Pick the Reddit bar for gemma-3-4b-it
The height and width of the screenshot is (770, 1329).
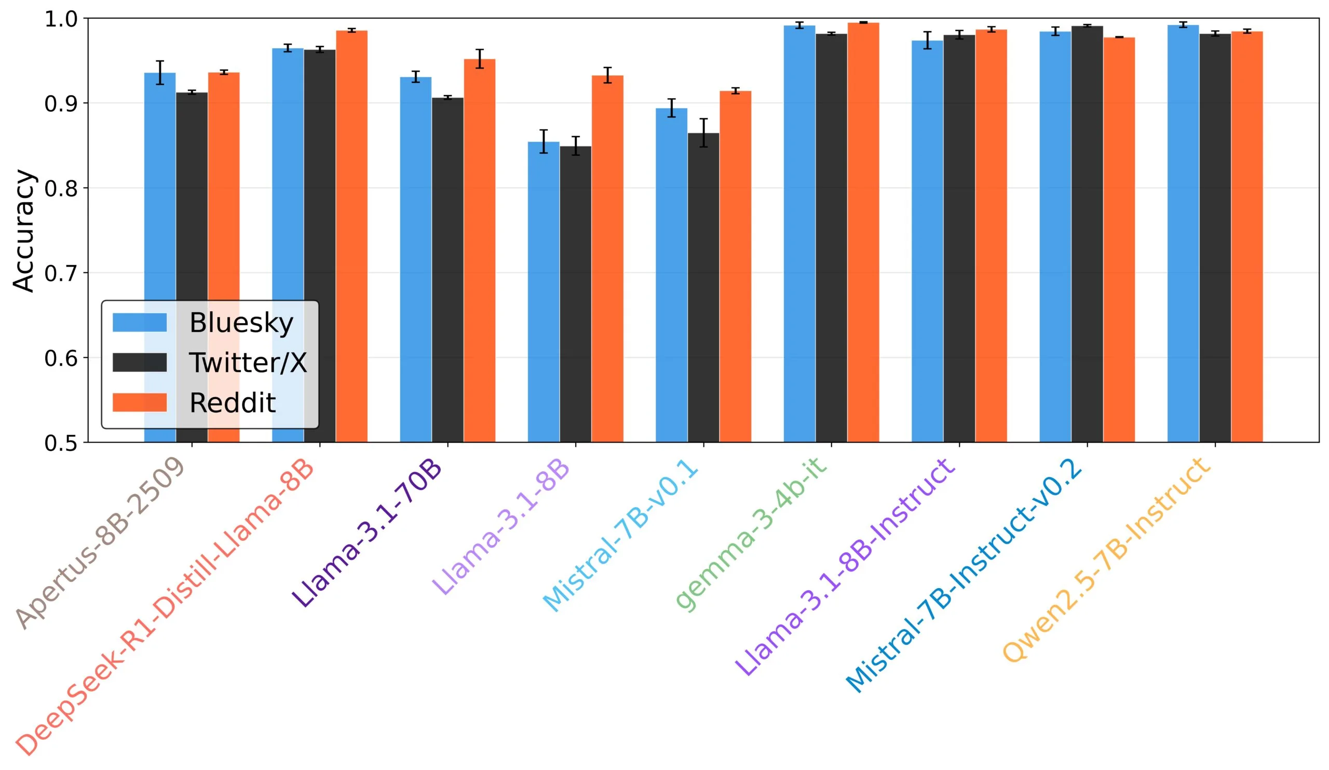[863, 232]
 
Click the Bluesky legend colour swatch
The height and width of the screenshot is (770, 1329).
[140, 323]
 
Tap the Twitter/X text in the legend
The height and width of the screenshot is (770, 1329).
[248, 363]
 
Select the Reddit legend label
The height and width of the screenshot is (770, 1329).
[233, 403]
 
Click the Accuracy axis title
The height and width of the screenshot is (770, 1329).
[24, 231]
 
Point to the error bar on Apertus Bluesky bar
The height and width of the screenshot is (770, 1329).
[160, 72]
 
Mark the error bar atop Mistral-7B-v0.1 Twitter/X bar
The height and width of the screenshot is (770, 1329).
[703, 132]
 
